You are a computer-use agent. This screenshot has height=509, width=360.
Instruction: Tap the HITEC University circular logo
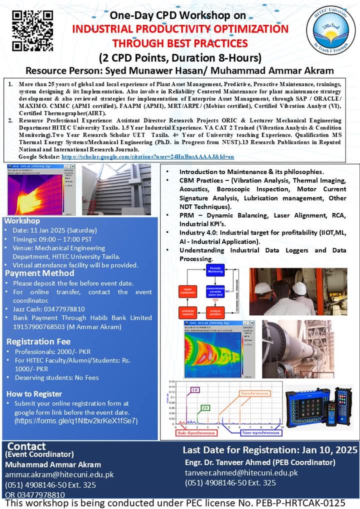pyautogui.click(x=330, y=29)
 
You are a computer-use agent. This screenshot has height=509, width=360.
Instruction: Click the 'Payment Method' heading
pyautogui.click(x=32, y=273)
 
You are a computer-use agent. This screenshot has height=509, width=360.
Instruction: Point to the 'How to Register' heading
pyautogui.click(x=34, y=393)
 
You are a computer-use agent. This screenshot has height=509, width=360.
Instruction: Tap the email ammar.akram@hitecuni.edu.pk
pyautogui.click(x=59, y=474)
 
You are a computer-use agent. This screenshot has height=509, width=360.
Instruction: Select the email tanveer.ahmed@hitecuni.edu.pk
pyautogui.click(x=241, y=472)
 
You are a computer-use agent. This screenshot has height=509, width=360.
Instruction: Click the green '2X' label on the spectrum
pyautogui.click(x=205, y=407)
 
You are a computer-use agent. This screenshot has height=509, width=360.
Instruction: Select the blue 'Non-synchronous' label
pyautogui.click(x=260, y=433)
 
